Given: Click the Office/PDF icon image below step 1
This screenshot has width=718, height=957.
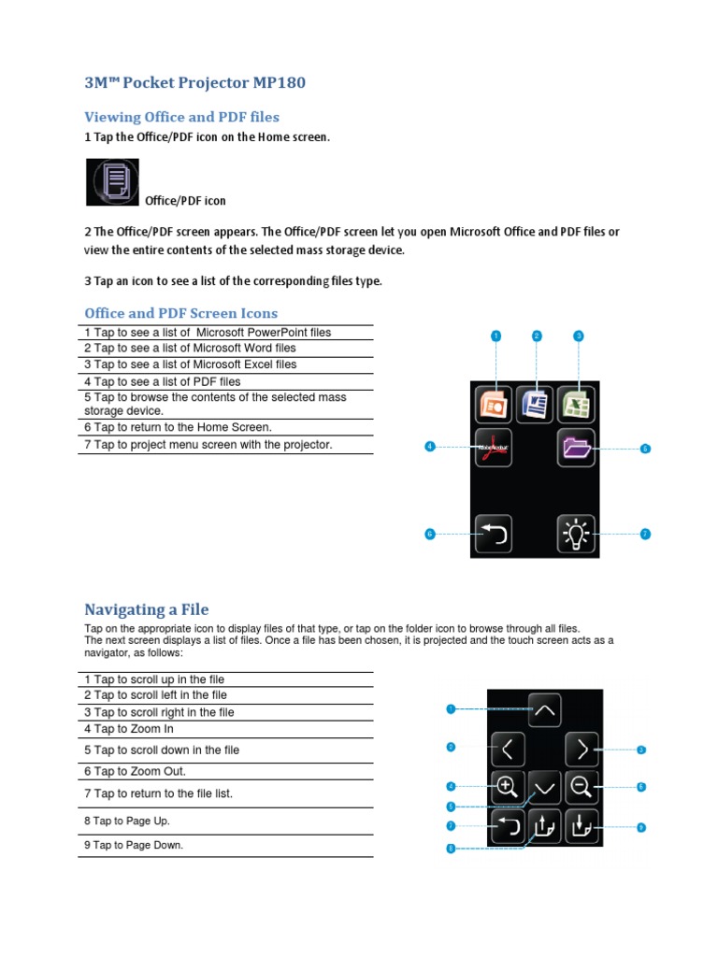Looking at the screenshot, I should pos(113,182).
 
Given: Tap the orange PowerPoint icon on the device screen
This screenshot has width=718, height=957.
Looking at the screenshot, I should pos(493,405).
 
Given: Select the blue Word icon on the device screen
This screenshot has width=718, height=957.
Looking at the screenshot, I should pos(535,405).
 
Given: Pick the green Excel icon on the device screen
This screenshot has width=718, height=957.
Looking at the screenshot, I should pos(577,405).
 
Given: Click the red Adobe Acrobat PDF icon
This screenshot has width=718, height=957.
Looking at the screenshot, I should pos(493,448).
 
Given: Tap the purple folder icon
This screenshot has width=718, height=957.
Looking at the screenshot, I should pos(577,448).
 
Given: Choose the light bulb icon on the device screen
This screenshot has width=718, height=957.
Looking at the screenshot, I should pos(577,534).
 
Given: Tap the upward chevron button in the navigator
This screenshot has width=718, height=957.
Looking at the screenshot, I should pos(545,710).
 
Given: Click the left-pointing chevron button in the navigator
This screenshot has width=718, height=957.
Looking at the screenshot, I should pos(508,749).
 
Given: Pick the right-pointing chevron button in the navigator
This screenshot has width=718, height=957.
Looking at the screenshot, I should pos(582,749).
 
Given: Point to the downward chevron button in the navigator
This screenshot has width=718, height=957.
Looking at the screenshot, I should pos(545,788).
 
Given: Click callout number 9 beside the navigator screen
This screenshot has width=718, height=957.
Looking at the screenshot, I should pos(641,827).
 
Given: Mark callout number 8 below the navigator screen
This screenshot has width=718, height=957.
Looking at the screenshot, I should pos(451,849).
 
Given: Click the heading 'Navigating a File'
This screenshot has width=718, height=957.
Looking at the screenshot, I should pos(147,610).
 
